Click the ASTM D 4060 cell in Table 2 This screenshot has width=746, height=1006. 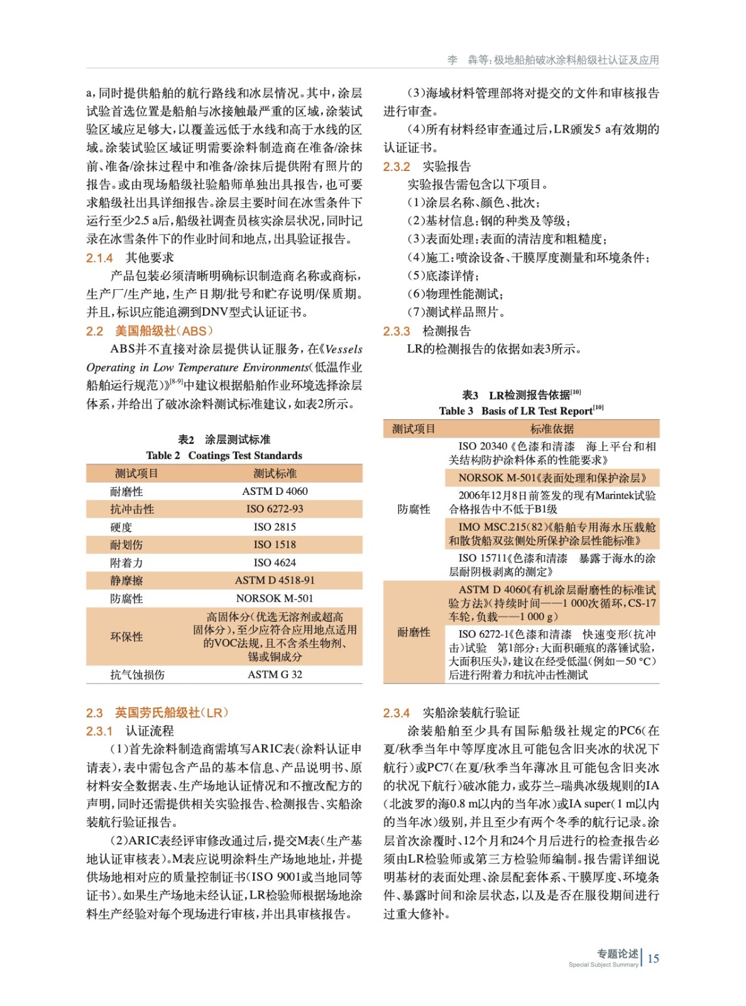tap(275, 491)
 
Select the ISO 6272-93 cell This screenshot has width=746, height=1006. tap(275, 509)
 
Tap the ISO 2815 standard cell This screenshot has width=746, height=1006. tap(275, 527)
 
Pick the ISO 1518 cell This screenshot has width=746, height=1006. tap(275, 544)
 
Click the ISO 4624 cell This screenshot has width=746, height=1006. tap(275, 563)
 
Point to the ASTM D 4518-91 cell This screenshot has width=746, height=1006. tap(275, 580)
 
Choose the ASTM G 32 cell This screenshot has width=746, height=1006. tap(275, 675)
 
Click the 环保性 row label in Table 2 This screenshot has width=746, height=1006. tap(126, 637)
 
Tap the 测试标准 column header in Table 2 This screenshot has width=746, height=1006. tap(275, 473)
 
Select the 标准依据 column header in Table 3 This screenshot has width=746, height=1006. tap(552, 429)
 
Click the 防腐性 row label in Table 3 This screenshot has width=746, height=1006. tap(414, 509)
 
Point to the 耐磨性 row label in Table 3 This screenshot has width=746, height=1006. tap(414, 633)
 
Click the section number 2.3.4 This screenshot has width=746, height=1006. tap(396, 713)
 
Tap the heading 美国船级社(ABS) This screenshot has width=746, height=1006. tap(163, 331)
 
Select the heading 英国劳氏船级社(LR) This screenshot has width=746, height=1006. tap(172, 713)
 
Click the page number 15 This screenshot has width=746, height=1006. tap(653, 959)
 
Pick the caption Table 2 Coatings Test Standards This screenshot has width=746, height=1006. tap(224, 456)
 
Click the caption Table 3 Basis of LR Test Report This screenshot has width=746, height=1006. tap(521, 411)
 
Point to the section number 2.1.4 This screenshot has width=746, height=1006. tap(99, 258)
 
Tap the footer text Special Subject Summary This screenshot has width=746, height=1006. tap(603, 965)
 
